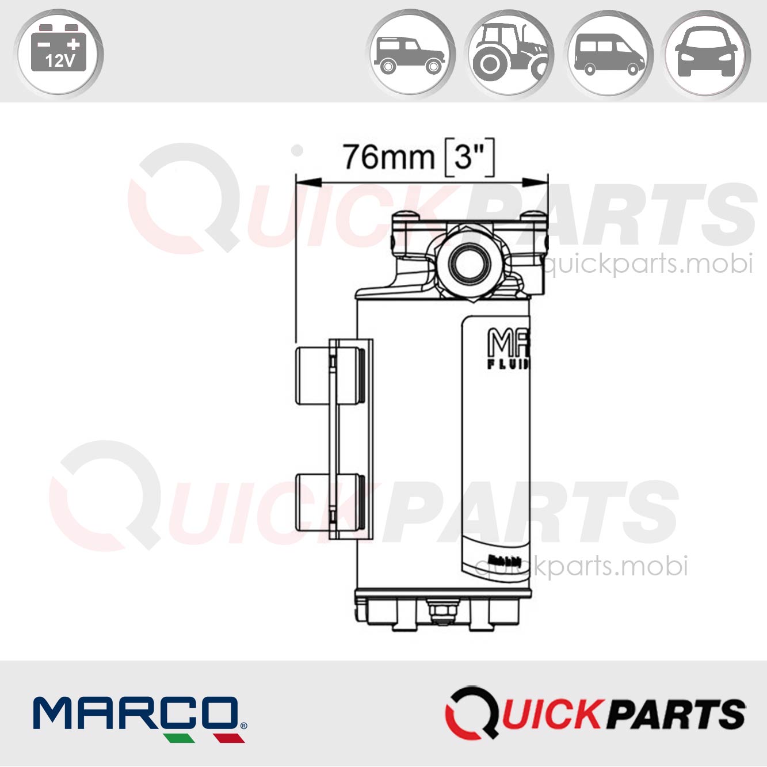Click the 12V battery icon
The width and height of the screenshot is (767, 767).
[x=60, y=53]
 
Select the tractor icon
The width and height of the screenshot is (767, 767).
[x=509, y=54]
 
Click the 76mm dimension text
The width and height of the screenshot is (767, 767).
[x=388, y=157]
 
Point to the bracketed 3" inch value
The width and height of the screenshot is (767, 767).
[x=470, y=157]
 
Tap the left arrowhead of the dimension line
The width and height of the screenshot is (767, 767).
[x=308, y=182]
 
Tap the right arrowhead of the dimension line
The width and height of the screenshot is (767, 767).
[x=535, y=182]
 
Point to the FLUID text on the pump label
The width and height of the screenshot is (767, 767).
[x=509, y=364]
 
